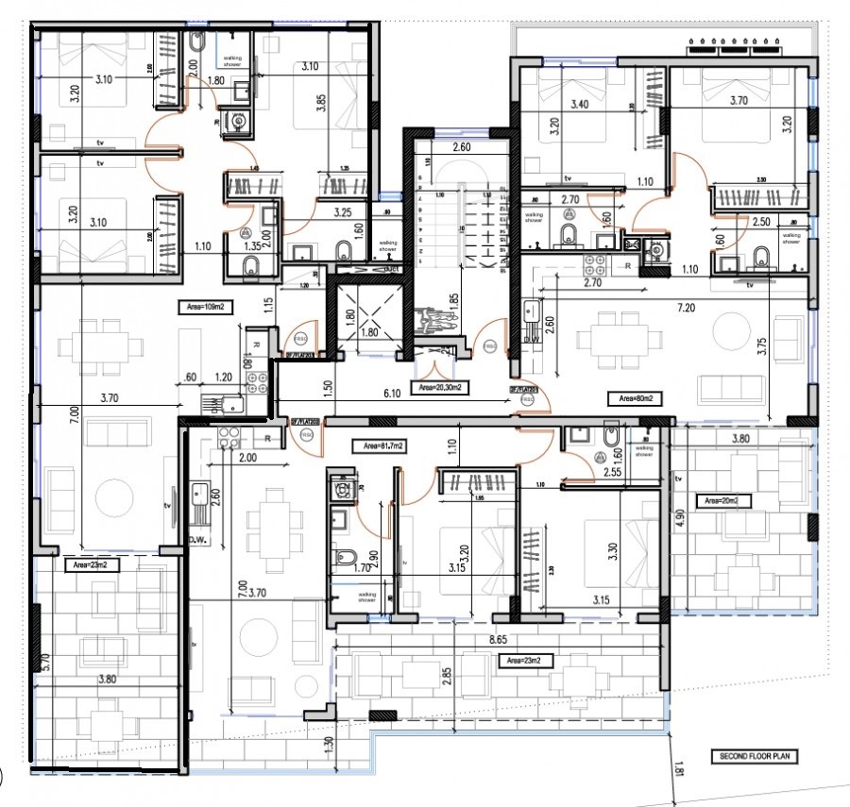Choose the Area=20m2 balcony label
(722, 500)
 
